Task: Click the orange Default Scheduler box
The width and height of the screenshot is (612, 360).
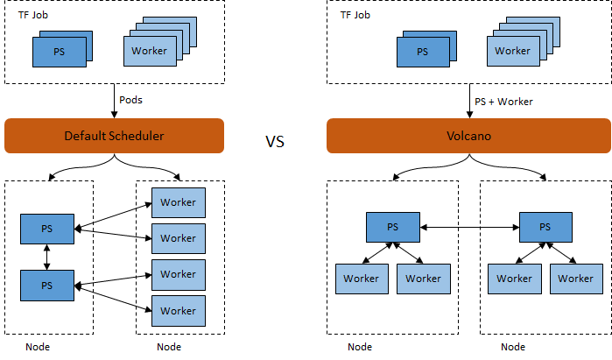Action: [x=115, y=136]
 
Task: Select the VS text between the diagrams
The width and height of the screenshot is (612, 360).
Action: [x=275, y=141]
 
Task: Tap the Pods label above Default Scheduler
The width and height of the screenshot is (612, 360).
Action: [x=130, y=101]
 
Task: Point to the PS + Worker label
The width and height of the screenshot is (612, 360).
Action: [x=503, y=102]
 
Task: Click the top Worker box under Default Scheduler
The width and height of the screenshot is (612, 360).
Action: [x=178, y=202]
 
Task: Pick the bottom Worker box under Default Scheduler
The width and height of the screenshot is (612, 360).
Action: [x=178, y=310]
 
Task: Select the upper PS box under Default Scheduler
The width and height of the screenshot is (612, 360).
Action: [x=47, y=229]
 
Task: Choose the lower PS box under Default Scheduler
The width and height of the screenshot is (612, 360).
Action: [x=47, y=286]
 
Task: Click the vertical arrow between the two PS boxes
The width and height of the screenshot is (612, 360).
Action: [x=47, y=257]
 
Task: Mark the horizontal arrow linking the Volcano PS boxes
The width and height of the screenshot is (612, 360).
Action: [x=469, y=227]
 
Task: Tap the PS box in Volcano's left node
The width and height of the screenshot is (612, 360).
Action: [x=393, y=227]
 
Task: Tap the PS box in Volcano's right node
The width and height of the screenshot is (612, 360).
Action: [x=545, y=227]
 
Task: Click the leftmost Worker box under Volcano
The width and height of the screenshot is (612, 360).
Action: [x=361, y=279]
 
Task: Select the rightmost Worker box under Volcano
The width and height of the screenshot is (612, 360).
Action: [x=576, y=279]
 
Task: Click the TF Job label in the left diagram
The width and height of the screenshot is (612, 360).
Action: [x=33, y=15]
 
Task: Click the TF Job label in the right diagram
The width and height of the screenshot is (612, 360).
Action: [x=355, y=15]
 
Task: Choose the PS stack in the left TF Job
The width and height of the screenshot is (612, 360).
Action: [x=60, y=51]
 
